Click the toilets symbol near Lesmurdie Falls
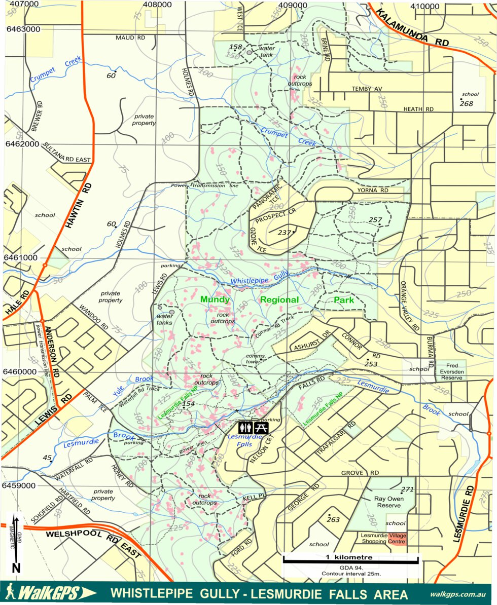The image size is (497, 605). pos(245,428)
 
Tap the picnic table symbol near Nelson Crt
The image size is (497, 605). pos(261,428)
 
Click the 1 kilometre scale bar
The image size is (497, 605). pos(351,560)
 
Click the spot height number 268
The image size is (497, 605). pos(466,104)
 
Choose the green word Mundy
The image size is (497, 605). pos(215,299)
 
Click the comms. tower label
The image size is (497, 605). pos(256,359)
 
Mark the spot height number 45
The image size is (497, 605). pos(47,458)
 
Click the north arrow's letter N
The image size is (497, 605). pos(16,568)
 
